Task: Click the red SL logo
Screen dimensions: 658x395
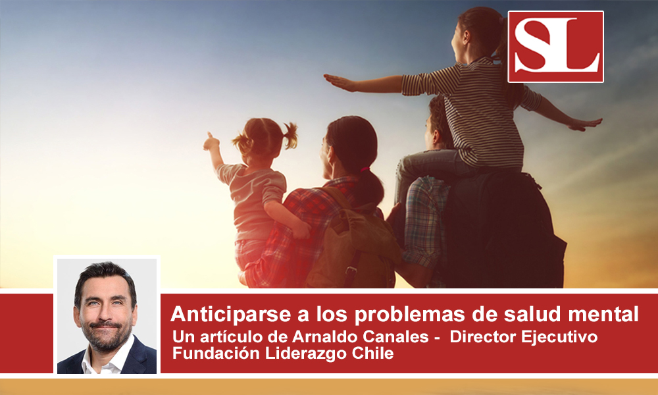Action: point(555,47)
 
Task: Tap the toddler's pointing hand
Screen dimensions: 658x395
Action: point(211,142)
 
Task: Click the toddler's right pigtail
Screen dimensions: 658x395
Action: point(290,134)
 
